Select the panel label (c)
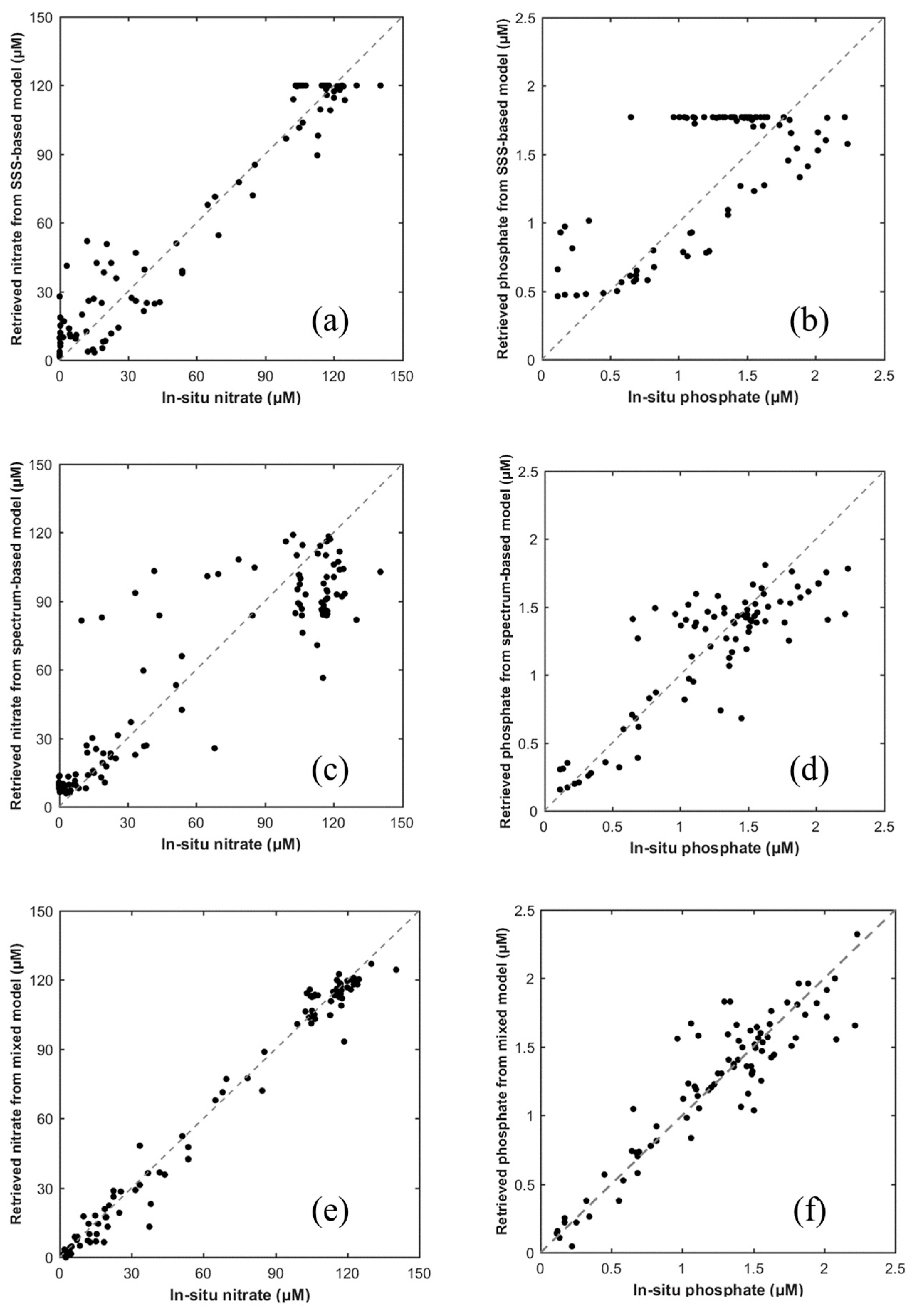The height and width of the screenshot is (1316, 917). tap(330, 771)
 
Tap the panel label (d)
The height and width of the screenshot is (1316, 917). tap(809, 771)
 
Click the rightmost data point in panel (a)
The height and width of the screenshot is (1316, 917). tap(380, 85)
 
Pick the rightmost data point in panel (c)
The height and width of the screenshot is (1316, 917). tap(380, 571)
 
